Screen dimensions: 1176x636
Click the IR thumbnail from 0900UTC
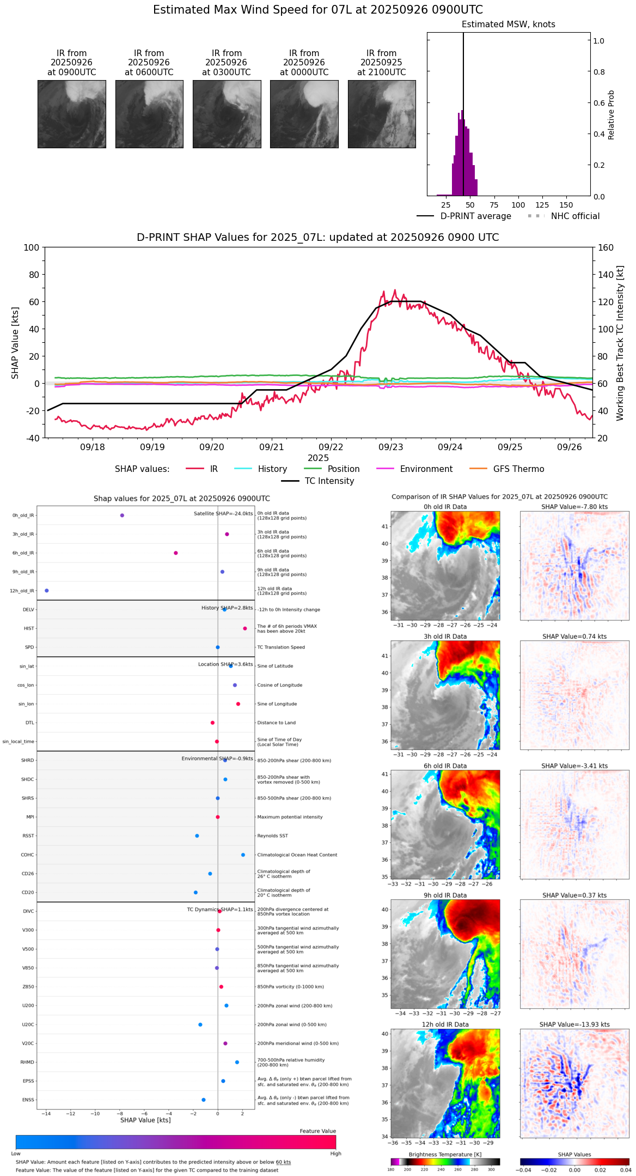click(71, 114)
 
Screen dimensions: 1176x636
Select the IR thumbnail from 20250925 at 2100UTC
click(382, 114)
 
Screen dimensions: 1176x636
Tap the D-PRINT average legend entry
click(464, 216)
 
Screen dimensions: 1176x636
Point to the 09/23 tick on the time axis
click(391, 447)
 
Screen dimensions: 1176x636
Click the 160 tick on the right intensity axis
click(606, 247)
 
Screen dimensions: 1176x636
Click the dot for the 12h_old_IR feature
click(47, 591)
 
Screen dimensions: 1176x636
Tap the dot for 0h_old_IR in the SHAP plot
click(122, 516)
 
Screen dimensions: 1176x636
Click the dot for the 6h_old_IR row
click(176, 553)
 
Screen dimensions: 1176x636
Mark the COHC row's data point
click(243, 855)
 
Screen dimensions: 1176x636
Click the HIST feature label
click(29, 629)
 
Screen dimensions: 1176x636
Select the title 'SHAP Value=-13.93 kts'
click(574, 1025)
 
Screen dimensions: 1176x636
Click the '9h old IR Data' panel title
click(445, 895)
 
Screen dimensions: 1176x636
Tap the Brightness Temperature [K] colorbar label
click(445, 1155)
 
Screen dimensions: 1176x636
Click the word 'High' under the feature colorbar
click(335, 1154)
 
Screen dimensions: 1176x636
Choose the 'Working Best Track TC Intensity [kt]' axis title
click(620, 343)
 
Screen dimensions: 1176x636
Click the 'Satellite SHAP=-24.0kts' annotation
click(223, 514)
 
